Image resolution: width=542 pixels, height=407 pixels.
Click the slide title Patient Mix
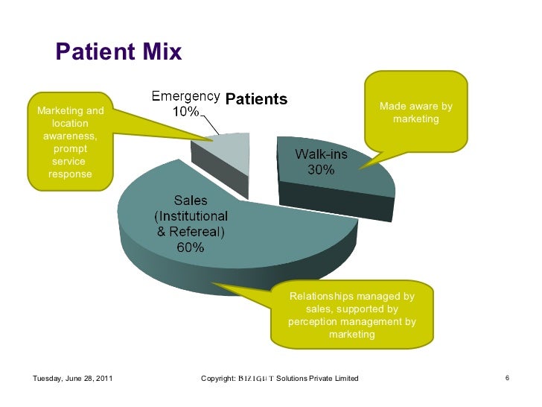point(119,52)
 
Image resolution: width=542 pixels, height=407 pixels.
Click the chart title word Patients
point(256,98)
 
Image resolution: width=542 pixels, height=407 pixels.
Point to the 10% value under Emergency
point(186,112)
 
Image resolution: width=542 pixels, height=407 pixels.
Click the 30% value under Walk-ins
point(322,169)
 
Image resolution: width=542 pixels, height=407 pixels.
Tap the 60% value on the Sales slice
point(191,247)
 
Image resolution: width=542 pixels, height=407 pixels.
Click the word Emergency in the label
point(185,97)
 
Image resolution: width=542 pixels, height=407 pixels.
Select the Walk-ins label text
point(321,154)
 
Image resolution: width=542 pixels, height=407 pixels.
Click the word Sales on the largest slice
point(191,201)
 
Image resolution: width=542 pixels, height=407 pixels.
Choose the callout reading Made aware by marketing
point(415,113)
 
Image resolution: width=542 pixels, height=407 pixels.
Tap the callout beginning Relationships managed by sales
point(351,315)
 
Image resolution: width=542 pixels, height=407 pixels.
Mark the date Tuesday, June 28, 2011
point(73,379)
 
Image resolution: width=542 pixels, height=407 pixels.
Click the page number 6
point(507,378)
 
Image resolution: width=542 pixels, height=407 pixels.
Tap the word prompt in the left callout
point(70,149)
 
